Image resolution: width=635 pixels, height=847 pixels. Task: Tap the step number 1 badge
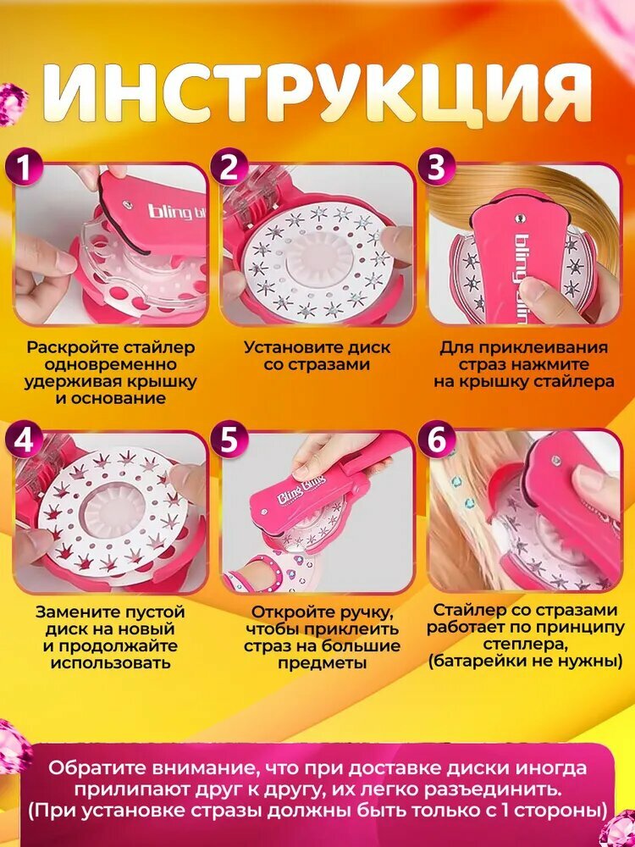coord(23,169)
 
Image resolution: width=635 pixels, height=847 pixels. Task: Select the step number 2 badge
coord(229,169)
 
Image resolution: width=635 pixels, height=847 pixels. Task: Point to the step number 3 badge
coord(436,169)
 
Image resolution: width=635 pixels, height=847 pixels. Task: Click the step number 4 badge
coord(23,440)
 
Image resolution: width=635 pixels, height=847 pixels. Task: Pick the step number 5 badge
coord(229,440)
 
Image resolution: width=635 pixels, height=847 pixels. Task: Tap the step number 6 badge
coord(436,440)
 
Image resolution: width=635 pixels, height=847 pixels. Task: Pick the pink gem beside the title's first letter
coord(12,103)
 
